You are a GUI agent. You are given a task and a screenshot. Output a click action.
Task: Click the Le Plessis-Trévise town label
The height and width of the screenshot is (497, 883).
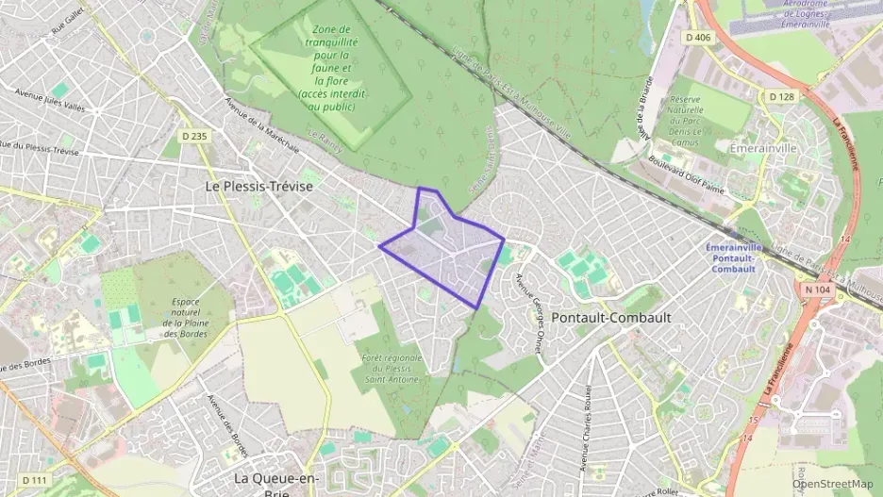click(x=258, y=187)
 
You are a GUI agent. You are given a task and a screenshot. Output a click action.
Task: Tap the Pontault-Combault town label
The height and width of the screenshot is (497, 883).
click(x=611, y=318)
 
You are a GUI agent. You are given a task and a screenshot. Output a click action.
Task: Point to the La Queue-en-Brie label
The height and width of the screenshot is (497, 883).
click(x=275, y=481)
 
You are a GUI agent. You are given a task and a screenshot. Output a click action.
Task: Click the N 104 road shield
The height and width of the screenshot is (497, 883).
click(x=817, y=290)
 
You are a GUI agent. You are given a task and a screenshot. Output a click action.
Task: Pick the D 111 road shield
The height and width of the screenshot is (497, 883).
click(x=32, y=481)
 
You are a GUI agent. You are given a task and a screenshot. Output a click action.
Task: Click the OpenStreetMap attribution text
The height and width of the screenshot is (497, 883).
click(x=832, y=484)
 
